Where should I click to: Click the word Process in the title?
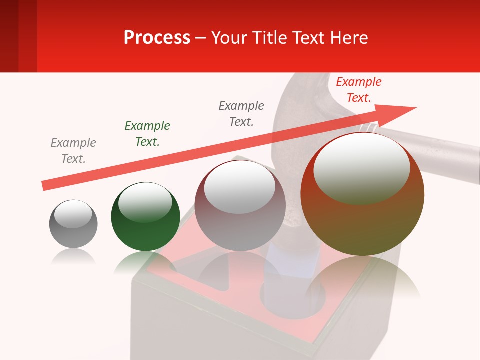(157, 37)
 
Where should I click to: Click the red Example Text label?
(358, 90)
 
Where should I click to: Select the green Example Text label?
(147, 133)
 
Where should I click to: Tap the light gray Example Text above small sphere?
(73, 150)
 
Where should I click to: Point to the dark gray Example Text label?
(241, 113)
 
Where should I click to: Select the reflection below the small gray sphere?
(73, 257)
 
